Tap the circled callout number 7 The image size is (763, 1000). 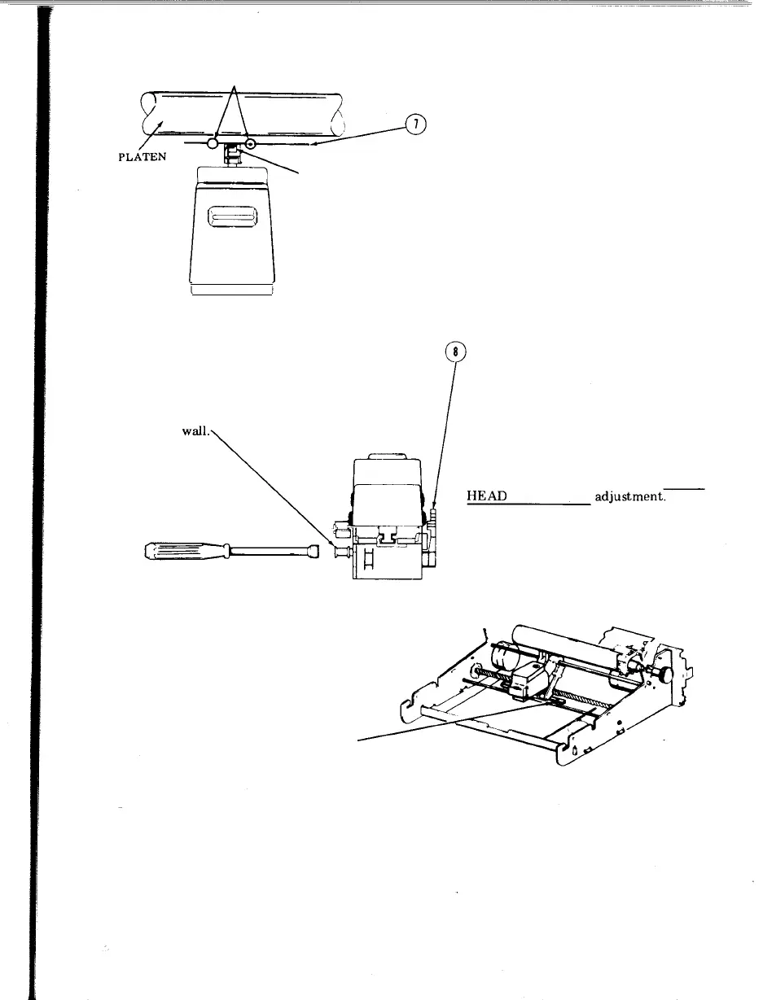tap(415, 124)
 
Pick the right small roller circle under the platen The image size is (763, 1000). tap(252, 145)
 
